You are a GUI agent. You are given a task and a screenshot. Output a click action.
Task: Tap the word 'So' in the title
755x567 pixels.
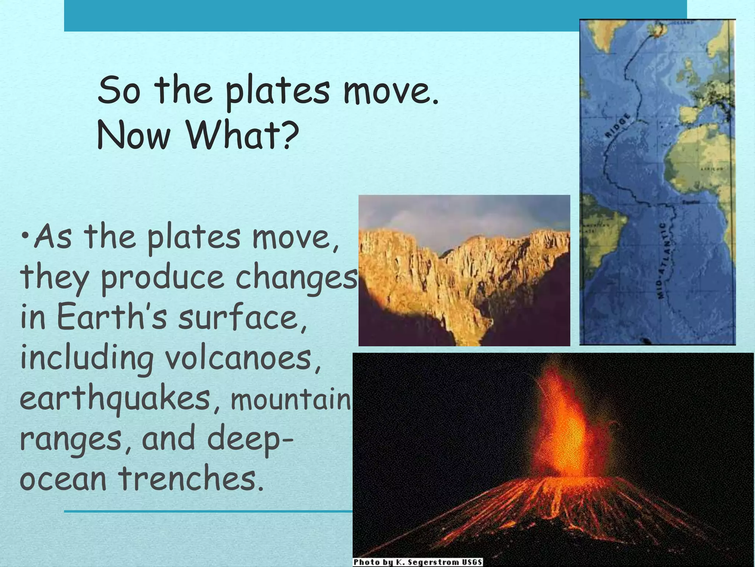pos(119,91)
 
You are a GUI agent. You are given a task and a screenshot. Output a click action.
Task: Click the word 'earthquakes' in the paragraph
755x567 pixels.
pos(115,400)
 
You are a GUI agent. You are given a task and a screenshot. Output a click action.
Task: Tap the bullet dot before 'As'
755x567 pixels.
pos(25,235)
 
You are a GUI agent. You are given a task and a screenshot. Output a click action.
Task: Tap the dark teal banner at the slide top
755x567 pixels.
pos(321,16)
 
